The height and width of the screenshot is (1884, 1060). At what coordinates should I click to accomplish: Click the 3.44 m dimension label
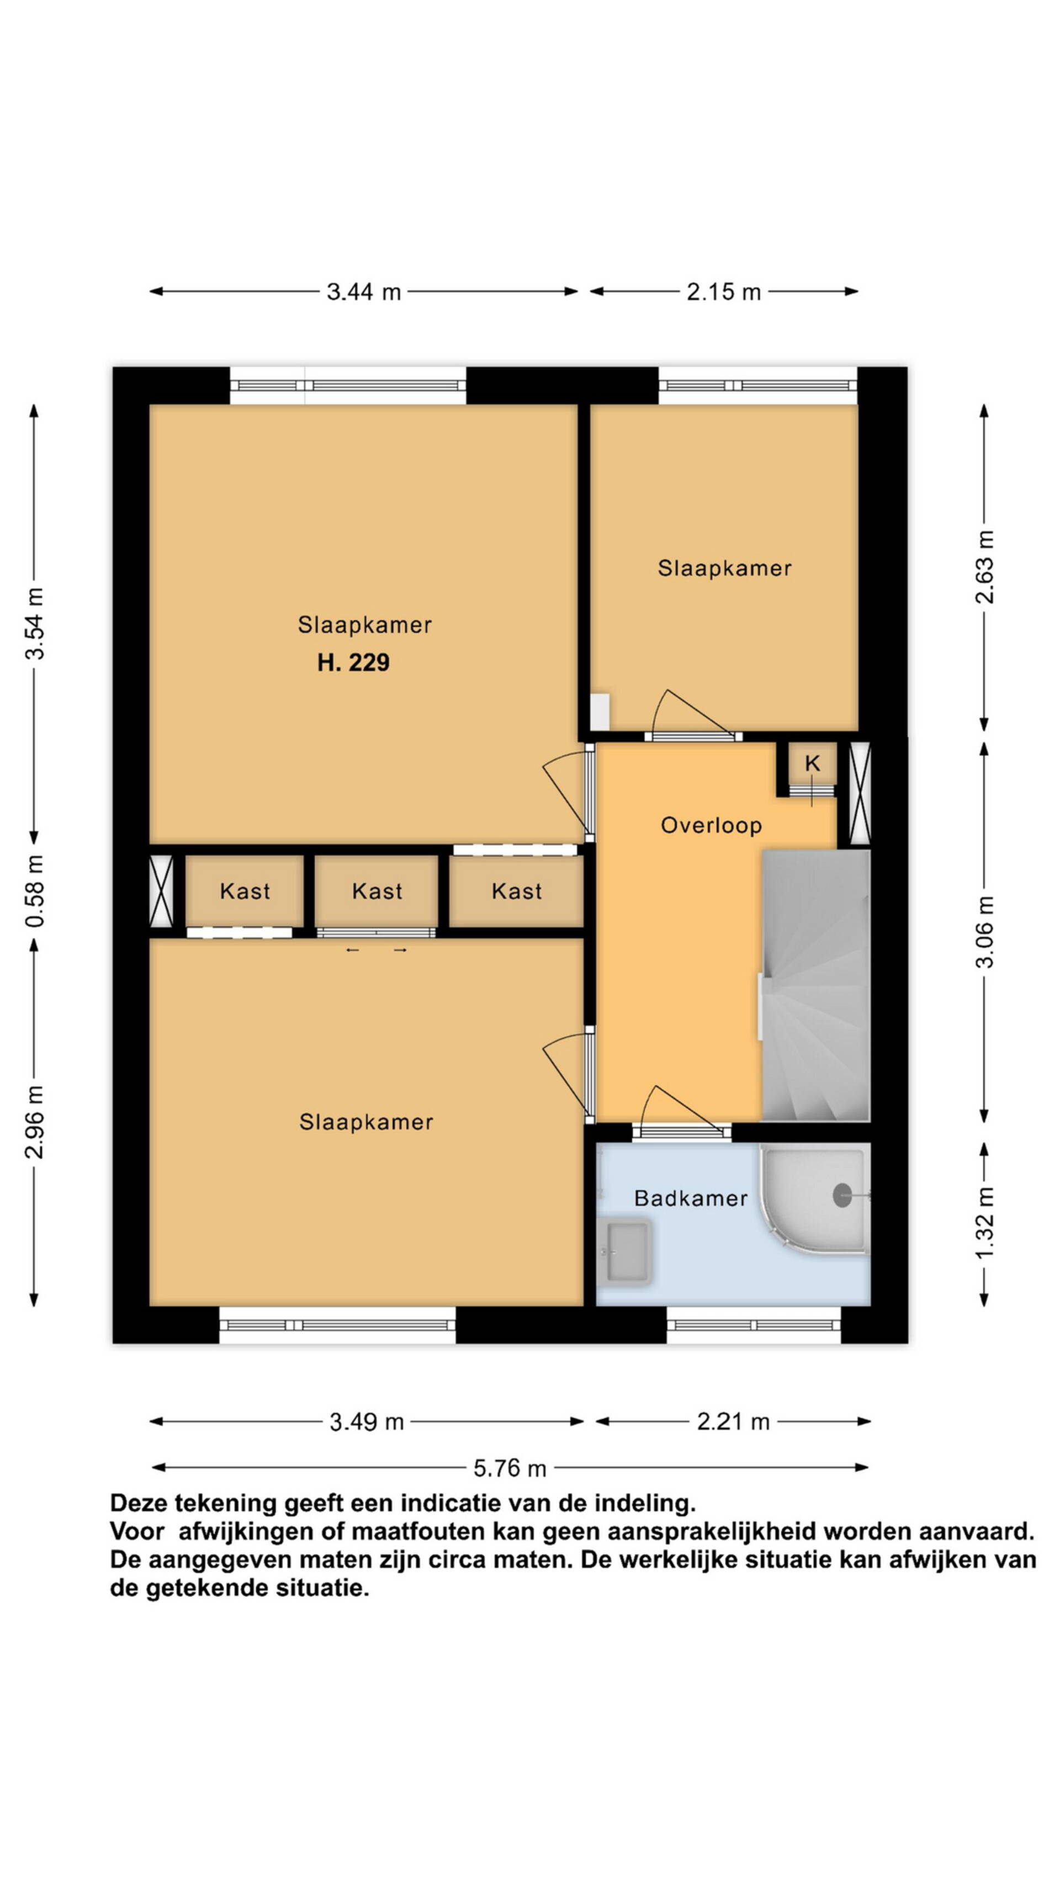pyautogui.click(x=364, y=292)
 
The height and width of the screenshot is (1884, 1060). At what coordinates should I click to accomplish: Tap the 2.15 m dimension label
pyautogui.click(x=723, y=292)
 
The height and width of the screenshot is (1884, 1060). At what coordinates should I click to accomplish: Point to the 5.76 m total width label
pyautogui.click(x=510, y=1467)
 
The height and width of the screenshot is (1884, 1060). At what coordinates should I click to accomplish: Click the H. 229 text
pyautogui.click(x=353, y=662)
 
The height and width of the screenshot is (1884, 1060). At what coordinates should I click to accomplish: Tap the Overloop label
pyautogui.click(x=711, y=826)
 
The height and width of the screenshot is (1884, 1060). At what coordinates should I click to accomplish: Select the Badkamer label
pyautogui.click(x=691, y=1198)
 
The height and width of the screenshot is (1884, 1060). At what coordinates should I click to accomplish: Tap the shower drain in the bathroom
pyautogui.click(x=842, y=1195)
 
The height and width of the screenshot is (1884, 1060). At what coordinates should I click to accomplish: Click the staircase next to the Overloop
pyautogui.click(x=815, y=985)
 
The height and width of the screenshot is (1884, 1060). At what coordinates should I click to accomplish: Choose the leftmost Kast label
pyautogui.click(x=245, y=891)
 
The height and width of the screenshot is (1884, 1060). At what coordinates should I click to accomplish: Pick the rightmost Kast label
pyautogui.click(x=516, y=891)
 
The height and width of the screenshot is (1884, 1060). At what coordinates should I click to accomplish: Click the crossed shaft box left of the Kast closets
pyautogui.click(x=161, y=891)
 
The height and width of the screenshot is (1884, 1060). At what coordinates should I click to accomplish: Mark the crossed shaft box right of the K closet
pyautogui.click(x=860, y=794)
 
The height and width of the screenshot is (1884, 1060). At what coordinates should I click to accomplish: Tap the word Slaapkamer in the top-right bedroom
pyautogui.click(x=724, y=568)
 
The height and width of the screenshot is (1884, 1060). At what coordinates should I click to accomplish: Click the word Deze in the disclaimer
pyautogui.click(x=140, y=1504)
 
